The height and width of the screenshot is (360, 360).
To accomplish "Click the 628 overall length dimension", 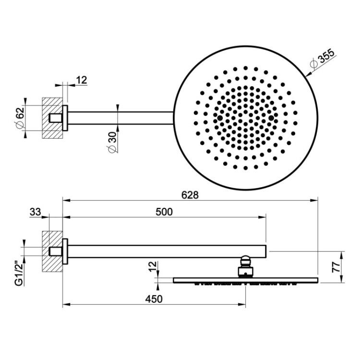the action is pos(190,195).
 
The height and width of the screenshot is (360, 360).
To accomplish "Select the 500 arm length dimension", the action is pos(164,212).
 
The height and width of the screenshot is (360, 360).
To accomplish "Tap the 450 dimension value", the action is pos(154,299).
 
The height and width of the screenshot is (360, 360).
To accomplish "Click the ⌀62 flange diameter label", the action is pos(20,118).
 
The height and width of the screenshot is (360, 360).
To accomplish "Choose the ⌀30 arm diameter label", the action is pos(112,142).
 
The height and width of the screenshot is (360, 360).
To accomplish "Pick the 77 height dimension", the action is pos(336,267).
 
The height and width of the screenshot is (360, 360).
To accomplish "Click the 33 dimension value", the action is pos(35,212).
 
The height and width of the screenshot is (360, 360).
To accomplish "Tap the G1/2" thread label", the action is pos(19,275).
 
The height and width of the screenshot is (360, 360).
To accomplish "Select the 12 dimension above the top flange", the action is pos(82,80).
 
